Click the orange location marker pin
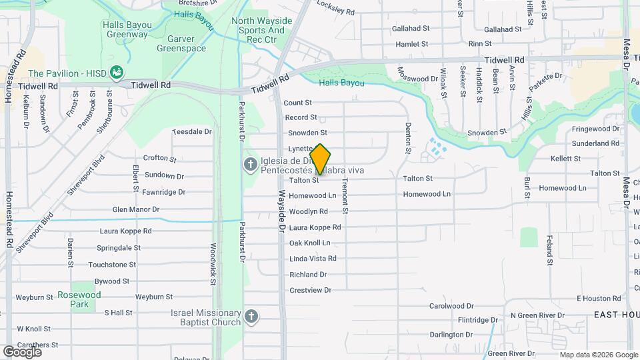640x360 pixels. (320, 159)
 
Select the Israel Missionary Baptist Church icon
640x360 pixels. (251, 317)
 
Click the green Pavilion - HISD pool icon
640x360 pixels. (117, 71)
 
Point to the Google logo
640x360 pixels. (22, 351)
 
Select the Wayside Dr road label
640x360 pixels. (282, 210)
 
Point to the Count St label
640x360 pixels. (297, 103)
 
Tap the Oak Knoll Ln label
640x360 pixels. (309, 243)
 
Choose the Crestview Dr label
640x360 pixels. (310, 290)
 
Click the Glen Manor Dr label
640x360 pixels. (136, 209)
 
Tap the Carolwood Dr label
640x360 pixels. (451, 306)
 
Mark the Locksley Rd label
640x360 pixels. (335, 12)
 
